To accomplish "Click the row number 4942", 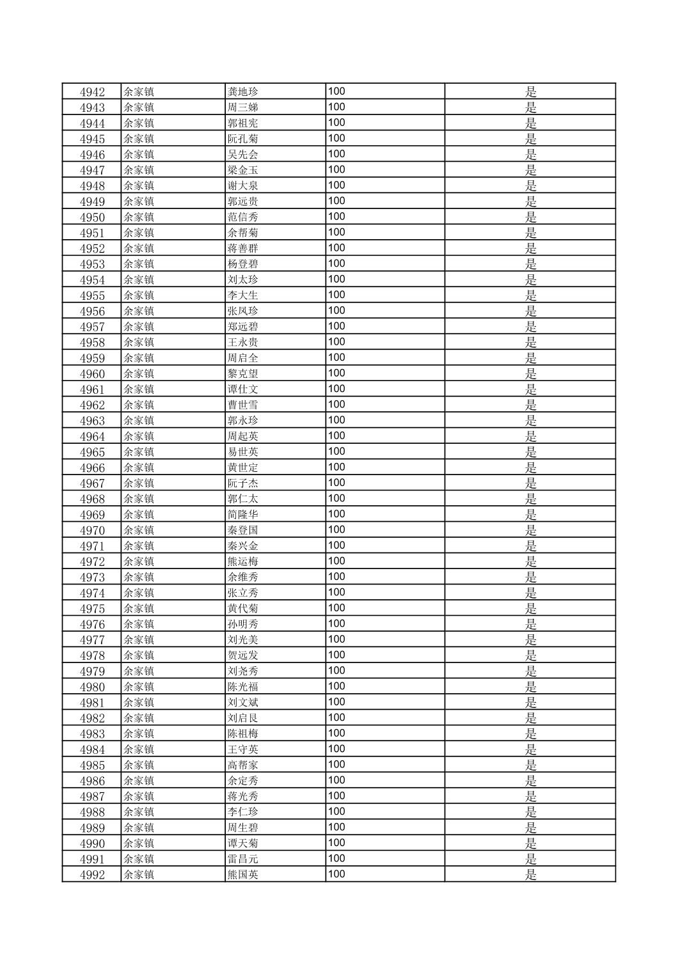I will click(x=92, y=92).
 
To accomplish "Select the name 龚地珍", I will click(x=243, y=92).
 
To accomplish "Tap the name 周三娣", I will click(x=243, y=107).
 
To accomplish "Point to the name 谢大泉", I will click(x=243, y=186).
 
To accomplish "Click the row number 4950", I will click(x=92, y=217).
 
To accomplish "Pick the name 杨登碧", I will click(x=243, y=264).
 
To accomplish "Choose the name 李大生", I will click(x=243, y=295).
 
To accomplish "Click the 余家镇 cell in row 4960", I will click(x=139, y=374).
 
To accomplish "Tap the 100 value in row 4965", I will click(x=336, y=451).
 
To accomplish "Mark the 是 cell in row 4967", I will click(x=530, y=483).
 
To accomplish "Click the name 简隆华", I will click(x=243, y=515).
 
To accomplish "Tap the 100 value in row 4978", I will click(x=336, y=655).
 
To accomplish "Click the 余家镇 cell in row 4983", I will click(x=139, y=734).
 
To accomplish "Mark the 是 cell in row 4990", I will click(x=530, y=843).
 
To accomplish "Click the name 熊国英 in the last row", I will click(x=243, y=875).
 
